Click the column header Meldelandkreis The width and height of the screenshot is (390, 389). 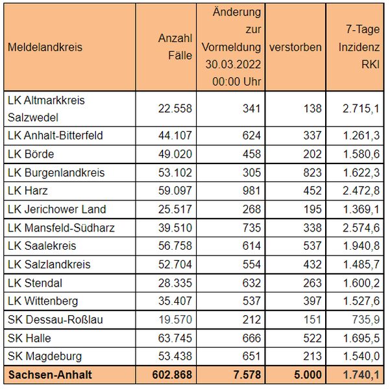[45, 47]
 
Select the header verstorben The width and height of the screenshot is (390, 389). [295, 47]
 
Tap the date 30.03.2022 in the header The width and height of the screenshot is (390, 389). [233, 64]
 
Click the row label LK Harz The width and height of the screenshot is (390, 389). [28, 191]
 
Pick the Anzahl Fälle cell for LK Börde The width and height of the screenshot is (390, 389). [175, 154]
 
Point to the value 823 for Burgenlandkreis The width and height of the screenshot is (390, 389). [312, 172]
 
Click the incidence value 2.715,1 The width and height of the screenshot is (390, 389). [361, 109]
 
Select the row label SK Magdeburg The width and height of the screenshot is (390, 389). [45, 356]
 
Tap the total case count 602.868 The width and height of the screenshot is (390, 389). [172, 375]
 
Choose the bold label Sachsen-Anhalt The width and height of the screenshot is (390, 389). [50, 375]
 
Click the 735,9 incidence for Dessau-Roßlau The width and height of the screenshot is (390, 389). [366, 320]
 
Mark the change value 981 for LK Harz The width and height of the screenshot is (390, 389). [252, 191]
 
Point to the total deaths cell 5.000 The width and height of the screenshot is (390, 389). [308, 375]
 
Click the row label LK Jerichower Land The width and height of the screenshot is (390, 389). [56, 209]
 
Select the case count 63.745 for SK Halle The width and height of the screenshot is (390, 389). [175, 338]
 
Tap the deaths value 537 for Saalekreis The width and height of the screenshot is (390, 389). [312, 246]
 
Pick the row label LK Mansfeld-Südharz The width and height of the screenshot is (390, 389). [61, 228]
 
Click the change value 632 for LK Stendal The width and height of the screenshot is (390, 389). [252, 283]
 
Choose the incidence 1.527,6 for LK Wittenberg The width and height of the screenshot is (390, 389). [361, 301]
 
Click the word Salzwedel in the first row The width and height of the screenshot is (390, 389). [33, 117]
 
